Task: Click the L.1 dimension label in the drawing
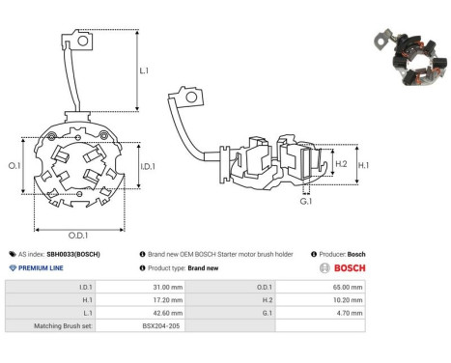pos(144,70)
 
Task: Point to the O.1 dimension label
pos(14,166)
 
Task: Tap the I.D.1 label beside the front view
pos(148,166)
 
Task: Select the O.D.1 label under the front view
pos(78,236)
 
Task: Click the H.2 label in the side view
pos(341,164)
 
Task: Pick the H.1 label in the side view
pos(363,165)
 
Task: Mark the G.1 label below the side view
pos(306,202)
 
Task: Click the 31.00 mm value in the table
pos(168,287)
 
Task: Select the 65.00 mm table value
pos(348,287)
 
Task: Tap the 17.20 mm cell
pos(168,300)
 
